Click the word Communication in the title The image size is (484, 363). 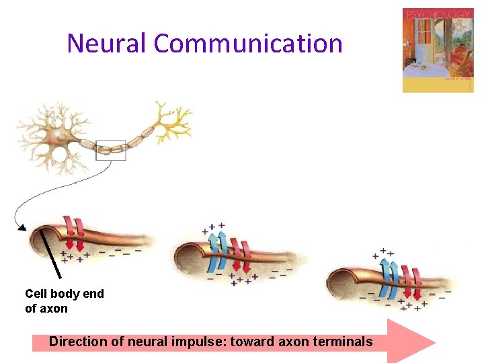[x=248, y=44]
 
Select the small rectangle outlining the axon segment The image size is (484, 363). [x=111, y=150]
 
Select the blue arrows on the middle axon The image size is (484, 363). [x=217, y=252]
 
